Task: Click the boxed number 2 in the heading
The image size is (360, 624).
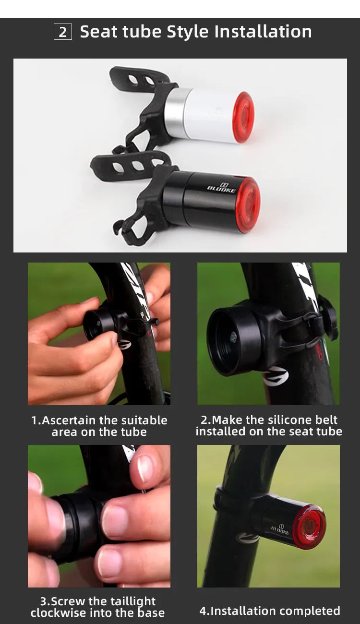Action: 63,32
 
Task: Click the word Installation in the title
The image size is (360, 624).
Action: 263,32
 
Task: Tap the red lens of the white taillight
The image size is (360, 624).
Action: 243,117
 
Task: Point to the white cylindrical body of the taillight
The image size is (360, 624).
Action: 210,117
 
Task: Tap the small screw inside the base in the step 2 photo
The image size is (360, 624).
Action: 233,338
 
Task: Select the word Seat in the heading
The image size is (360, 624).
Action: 98,32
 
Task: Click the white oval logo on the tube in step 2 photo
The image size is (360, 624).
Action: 276,376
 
